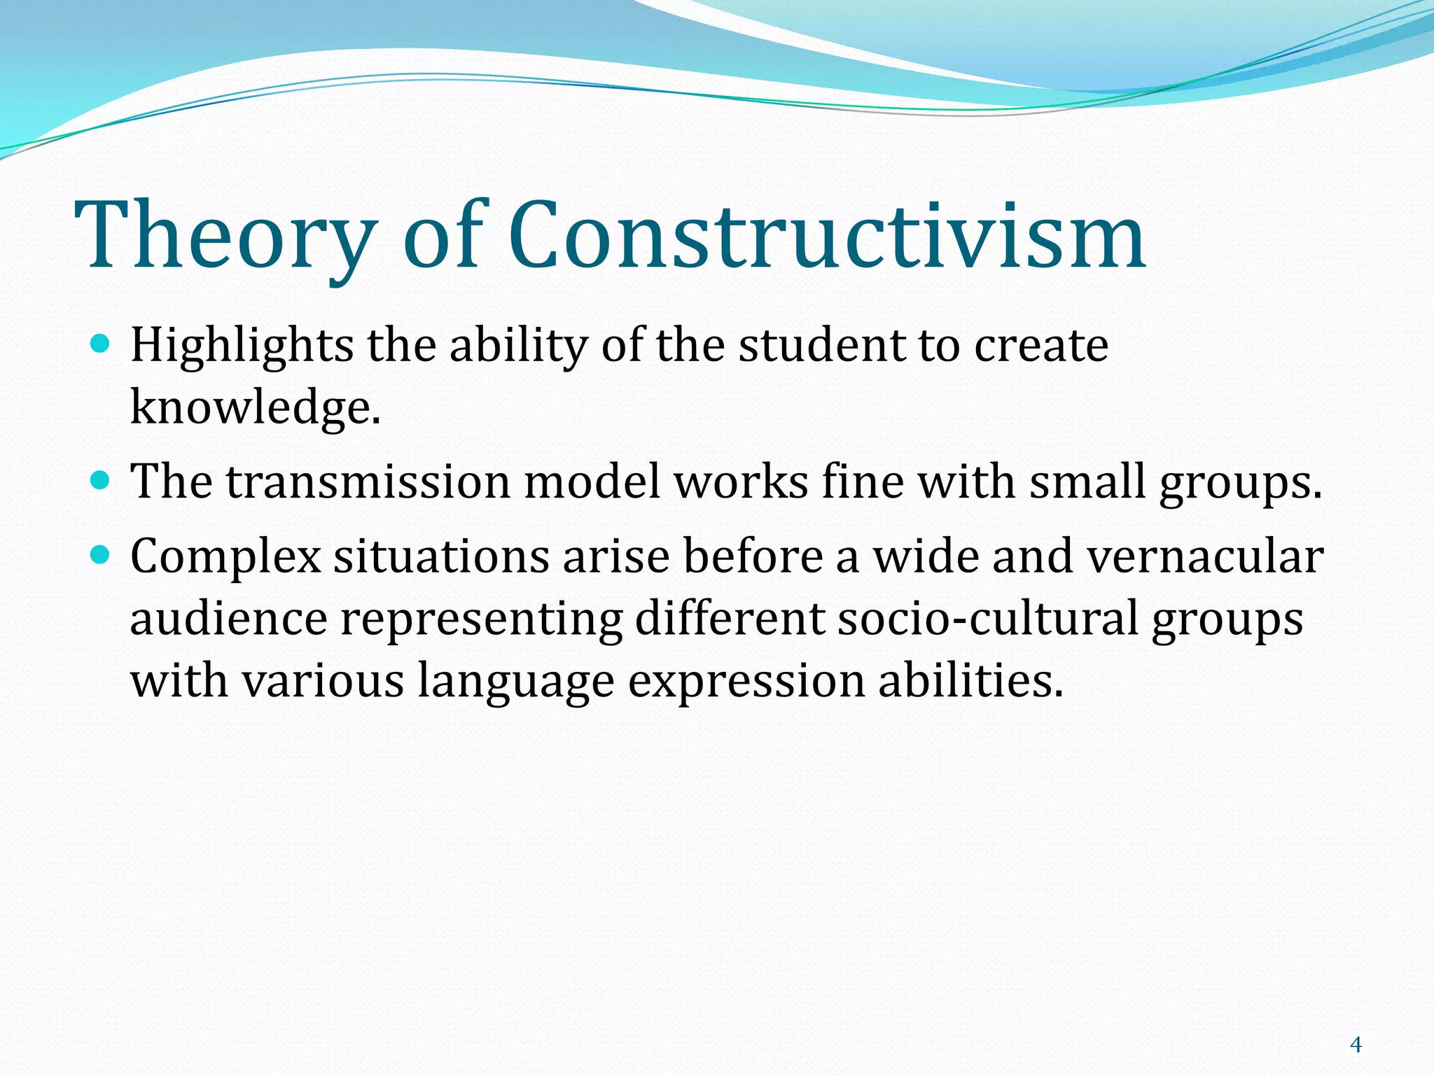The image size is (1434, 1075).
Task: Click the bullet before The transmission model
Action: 101,481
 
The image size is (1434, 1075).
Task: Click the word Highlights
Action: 242,346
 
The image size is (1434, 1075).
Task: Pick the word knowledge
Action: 255,407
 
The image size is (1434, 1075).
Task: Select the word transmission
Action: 368,482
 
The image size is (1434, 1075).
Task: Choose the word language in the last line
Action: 515,682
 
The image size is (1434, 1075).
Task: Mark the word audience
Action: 228,619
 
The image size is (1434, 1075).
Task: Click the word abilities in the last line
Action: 970,680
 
